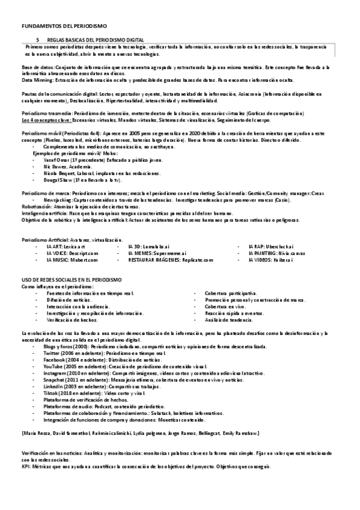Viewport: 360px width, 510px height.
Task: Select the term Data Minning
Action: pyautogui.click(x=36, y=79)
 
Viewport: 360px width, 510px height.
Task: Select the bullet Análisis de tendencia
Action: pyautogui.click(x=228, y=320)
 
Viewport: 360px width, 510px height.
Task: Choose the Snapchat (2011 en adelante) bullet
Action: pyautogui.click(x=78, y=380)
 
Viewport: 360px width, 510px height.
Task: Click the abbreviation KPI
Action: pyautogui.click(x=25, y=465)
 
